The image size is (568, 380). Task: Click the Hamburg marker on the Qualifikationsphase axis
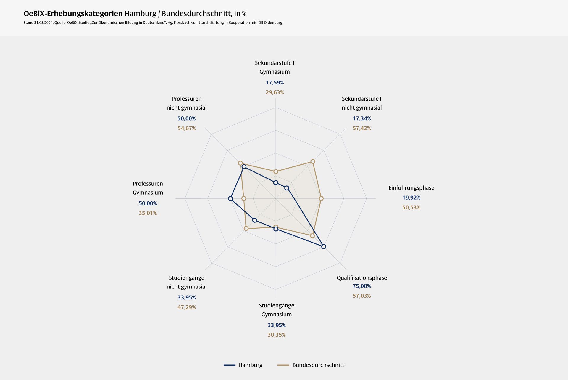tap(324, 246)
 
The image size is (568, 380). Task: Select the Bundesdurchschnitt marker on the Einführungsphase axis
tap(321, 198)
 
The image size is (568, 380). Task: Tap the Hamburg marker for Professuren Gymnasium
tap(230, 198)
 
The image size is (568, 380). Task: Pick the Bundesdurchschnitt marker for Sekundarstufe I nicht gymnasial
tap(313, 161)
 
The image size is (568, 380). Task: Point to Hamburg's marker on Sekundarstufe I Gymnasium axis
tap(276, 183)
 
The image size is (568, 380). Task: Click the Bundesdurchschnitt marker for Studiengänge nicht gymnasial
tap(246, 228)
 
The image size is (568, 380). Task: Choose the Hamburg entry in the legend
tap(243, 365)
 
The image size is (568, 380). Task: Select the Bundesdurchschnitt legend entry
tap(311, 365)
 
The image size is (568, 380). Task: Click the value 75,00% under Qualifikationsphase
tap(362, 286)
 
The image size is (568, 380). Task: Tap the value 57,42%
tap(362, 128)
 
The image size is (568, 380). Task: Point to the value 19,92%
tap(411, 198)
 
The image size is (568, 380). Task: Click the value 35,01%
tap(148, 213)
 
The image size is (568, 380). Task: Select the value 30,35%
tap(277, 335)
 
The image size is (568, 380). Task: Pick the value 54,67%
tap(186, 128)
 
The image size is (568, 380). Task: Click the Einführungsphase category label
tap(411, 188)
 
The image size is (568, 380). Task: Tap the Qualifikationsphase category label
tap(362, 278)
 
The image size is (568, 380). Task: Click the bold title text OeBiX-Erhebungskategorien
tap(73, 14)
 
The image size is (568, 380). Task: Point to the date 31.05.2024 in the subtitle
tap(43, 23)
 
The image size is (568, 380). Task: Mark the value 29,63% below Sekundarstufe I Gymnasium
tap(275, 92)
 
